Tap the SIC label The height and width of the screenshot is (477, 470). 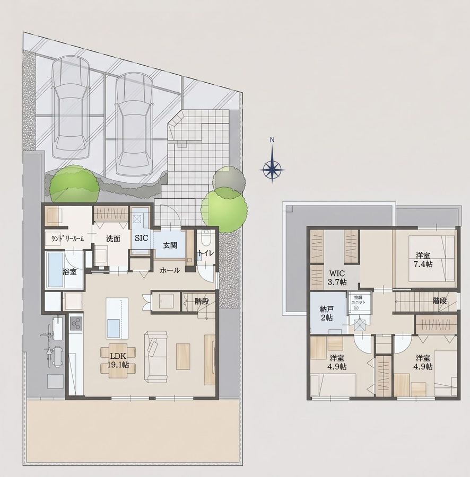(141, 238)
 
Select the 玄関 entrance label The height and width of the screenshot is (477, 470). (170, 245)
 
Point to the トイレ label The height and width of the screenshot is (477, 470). (206, 253)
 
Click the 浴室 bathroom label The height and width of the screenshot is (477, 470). (69, 272)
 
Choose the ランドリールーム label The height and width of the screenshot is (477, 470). (67, 239)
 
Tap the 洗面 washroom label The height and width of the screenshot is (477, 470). (113, 239)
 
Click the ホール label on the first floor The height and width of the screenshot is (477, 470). (170, 270)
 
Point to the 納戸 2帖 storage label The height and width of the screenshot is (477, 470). (327, 314)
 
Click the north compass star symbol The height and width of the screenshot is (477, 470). (273, 169)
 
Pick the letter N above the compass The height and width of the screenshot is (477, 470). (273, 140)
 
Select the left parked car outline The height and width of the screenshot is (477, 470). (71, 107)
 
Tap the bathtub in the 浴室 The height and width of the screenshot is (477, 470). (56, 270)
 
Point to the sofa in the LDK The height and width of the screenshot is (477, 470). (156, 357)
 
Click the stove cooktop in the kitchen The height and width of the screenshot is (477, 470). (75, 324)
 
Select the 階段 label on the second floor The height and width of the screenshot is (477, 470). (440, 301)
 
